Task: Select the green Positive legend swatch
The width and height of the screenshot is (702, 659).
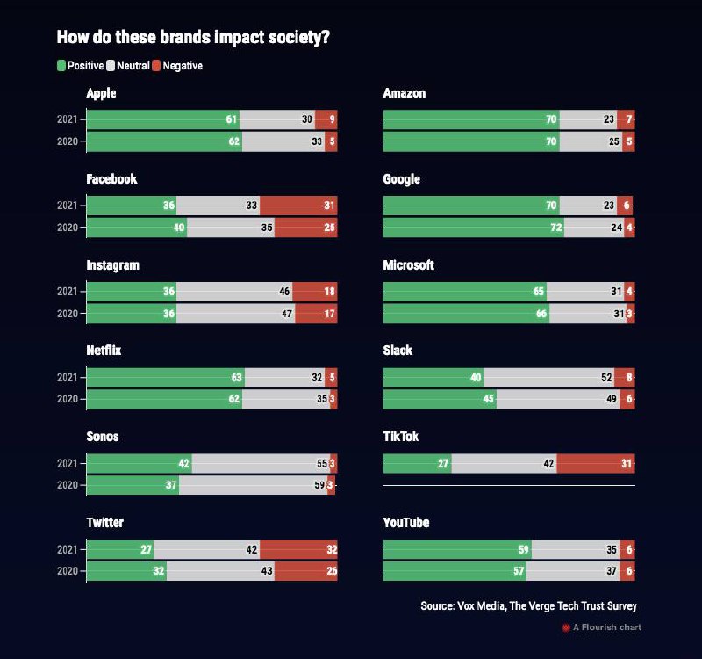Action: coord(61,66)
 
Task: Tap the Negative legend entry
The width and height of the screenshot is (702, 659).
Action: coord(176,66)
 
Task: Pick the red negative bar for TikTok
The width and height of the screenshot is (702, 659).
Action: coord(595,463)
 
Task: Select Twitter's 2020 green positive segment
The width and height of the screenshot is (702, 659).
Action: coord(126,570)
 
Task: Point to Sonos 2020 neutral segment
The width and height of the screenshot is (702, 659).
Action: coord(253,485)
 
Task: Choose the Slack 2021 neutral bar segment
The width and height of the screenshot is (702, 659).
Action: coord(548,377)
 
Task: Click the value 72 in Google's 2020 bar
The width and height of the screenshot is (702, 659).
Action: coord(552,228)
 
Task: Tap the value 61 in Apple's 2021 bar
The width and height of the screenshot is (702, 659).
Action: coord(232,119)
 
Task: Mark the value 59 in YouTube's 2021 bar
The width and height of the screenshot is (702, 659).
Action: coord(524,549)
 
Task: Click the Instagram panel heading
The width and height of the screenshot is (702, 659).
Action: coord(112,265)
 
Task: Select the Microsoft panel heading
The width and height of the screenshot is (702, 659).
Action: coord(409,265)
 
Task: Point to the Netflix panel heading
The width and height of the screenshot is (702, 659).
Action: coord(104,351)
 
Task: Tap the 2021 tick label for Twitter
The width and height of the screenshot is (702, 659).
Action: coord(67,549)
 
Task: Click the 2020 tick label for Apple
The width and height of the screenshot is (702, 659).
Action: coord(67,141)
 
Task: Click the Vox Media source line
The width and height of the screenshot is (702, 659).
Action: coord(528,606)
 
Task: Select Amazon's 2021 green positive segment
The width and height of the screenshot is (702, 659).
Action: coord(471,119)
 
